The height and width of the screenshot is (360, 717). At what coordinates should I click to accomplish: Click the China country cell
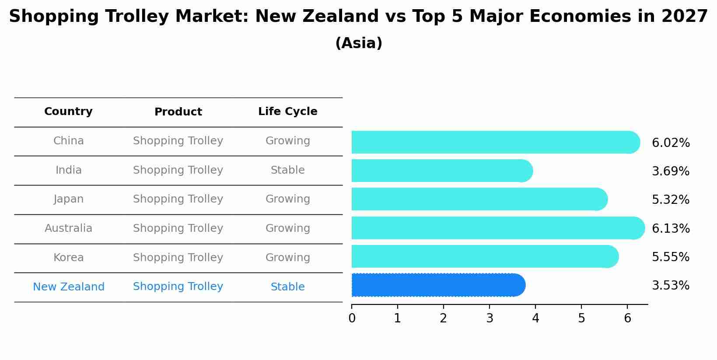point(68,141)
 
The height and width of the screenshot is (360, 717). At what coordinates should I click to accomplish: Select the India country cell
point(68,170)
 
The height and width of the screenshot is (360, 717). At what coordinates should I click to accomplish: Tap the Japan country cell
point(68,199)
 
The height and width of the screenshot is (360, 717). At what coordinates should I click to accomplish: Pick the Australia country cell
point(68,228)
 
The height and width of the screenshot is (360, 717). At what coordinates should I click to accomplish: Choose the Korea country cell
point(68,258)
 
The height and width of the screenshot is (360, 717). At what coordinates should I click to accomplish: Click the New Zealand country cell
point(69,287)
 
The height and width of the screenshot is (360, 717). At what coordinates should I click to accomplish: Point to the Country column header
point(68,112)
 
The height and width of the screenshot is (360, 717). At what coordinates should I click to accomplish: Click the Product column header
point(178,112)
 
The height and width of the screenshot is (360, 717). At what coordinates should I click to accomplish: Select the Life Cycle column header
point(287,112)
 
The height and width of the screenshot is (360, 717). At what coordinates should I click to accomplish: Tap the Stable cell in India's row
point(287,170)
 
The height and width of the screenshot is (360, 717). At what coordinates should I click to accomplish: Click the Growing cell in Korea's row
point(287,258)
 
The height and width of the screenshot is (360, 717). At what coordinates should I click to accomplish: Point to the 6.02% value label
point(671,143)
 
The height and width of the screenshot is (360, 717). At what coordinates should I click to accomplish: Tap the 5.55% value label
point(671,257)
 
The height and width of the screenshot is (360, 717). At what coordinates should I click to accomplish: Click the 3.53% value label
point(671,286)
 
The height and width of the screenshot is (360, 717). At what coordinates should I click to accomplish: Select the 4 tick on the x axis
point(535,318)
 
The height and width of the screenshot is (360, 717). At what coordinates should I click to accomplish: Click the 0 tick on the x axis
point(352,318)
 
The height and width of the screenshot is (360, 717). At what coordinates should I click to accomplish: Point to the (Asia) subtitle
point(358,43)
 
